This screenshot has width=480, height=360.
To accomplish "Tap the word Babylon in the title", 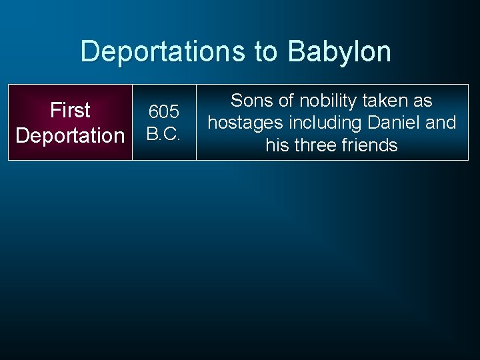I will click(339, 51).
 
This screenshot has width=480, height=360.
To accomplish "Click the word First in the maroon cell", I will click(70, 109).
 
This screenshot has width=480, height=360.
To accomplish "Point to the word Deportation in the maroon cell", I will click(70, 135).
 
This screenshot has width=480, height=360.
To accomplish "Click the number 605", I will click(163, 111).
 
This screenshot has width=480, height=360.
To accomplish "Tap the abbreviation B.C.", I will click(163, 135).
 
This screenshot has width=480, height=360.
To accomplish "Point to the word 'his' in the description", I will click(277, 145).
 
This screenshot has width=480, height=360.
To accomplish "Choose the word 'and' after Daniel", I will click(441, 123).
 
